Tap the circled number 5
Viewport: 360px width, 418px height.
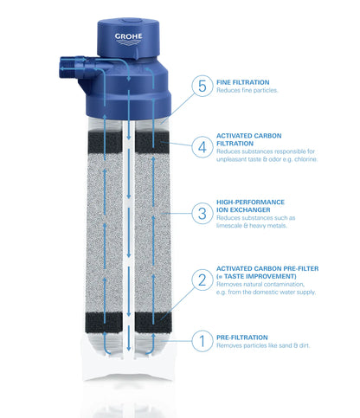pos(202,87)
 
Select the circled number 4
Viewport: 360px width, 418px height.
pos(202,146)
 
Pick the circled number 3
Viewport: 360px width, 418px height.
pos(202,212)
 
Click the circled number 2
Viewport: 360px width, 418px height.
pos(202,279)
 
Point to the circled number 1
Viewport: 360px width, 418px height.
pos(202,340)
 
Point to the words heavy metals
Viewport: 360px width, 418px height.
pos(283,225)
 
